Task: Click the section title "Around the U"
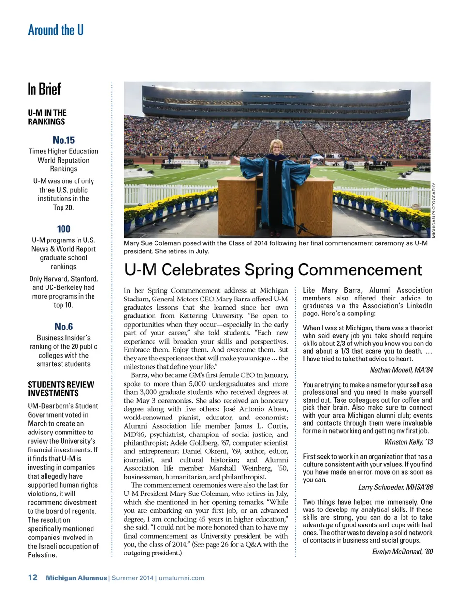click(x=56, y=30)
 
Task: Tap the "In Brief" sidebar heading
click(x=44, y=90)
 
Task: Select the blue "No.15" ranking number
click(x=63, y=140)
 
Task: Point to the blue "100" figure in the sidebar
click(x=63, y=229)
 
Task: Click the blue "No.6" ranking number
click(x=63, y=327)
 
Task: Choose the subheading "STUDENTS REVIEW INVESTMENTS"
click(x=61, y=389)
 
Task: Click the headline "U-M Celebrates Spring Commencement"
click(x=273, y=270)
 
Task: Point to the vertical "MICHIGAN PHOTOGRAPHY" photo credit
click(x=434, y=210)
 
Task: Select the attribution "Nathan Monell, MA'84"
click(x=401, y=370)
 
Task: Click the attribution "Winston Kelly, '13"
click(x=408, y=442)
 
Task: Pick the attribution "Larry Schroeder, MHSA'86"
click(x=395, y=487)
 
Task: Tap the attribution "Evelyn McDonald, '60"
click(x=402, y=552)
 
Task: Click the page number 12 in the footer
click(x=32, y=577)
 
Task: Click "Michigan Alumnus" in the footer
click(x=77, y=578)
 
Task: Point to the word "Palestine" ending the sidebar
click(x=42, y=555)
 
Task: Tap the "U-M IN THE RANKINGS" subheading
click(x=47, y=117)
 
